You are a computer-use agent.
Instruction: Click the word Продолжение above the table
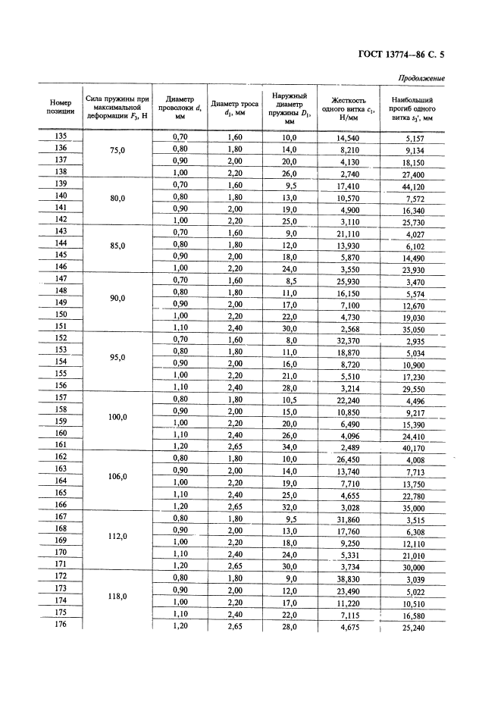pyautogui.click(x=421, y=78)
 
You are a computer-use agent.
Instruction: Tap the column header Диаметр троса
pyautogui.click(x=234, y=107)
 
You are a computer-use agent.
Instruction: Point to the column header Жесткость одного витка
pyautogui.click(x=349, y=108)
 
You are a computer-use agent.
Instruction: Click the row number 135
pyautogui.click(x=61, y=137)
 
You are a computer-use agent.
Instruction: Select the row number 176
pyautogui.click(x=61, y=624)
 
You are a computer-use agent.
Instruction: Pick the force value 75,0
pyautogui.click(x=117, y=150)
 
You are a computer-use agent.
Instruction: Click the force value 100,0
pyautogui.click(x=117, y=416)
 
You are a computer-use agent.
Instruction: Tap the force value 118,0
pyautogui.click(x=117, y=596)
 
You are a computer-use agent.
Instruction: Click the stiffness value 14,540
pyautogui.click(x=348, y=138)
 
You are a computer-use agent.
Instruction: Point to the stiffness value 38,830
pyautogui.click(x=348, y=578)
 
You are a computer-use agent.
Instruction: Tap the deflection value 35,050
pyautogui.click(x=414, y=330)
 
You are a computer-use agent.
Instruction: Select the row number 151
pyautogui.click(x=61, y=327)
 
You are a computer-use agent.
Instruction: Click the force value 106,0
pyautogui.click(x=117, y=476)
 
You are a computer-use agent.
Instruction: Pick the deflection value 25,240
pyautogui.click(x=414, y=628)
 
